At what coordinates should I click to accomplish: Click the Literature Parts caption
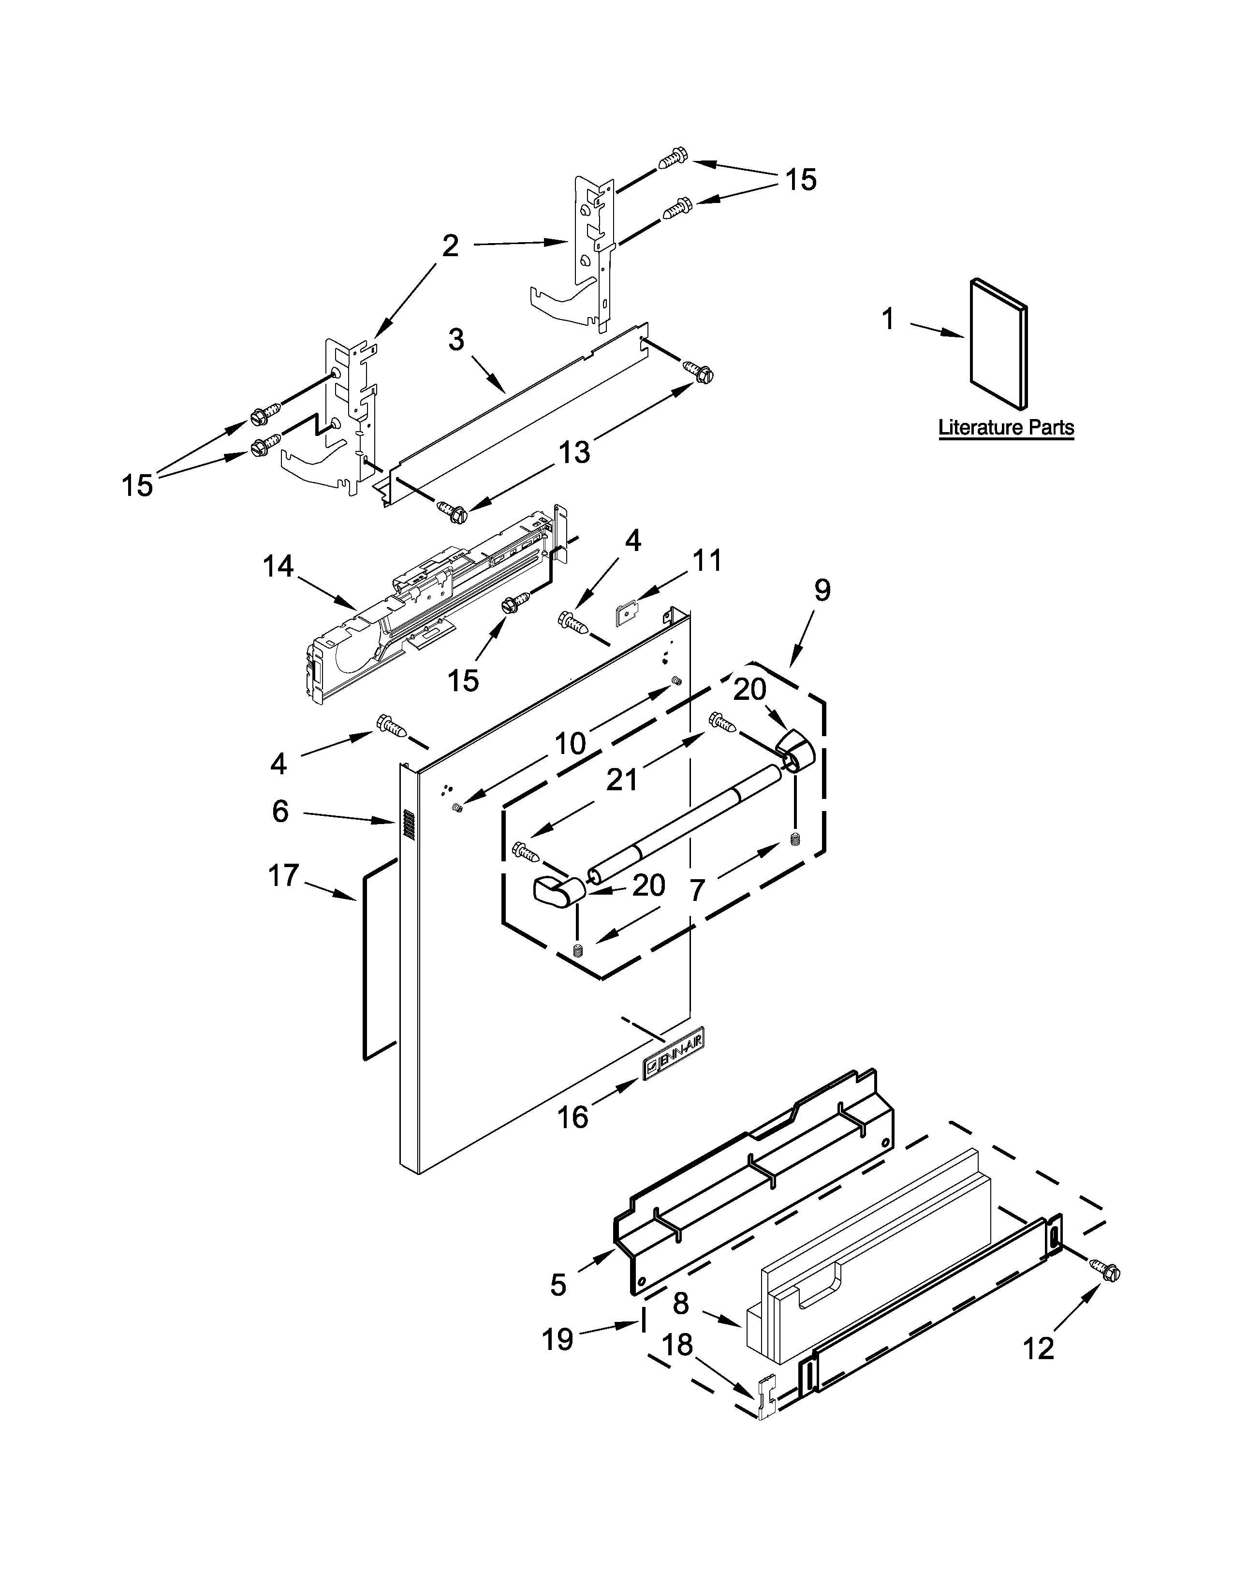[x=1006, y=427]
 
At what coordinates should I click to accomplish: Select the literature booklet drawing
[x=998, y=343]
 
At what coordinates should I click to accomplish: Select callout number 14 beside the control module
[x=279, y=566]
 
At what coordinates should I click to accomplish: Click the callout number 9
[x=822, y=590]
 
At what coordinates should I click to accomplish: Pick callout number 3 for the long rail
[x=456, y=340]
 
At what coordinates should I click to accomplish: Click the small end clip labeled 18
[x=765, y=1398]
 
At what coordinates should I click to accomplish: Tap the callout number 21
[x=622, y=780]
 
